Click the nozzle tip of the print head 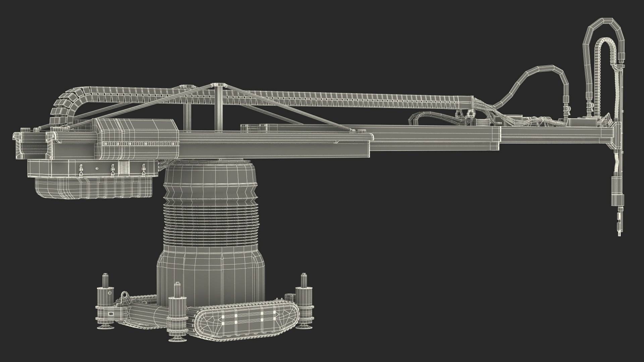[x=618, y=235]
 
